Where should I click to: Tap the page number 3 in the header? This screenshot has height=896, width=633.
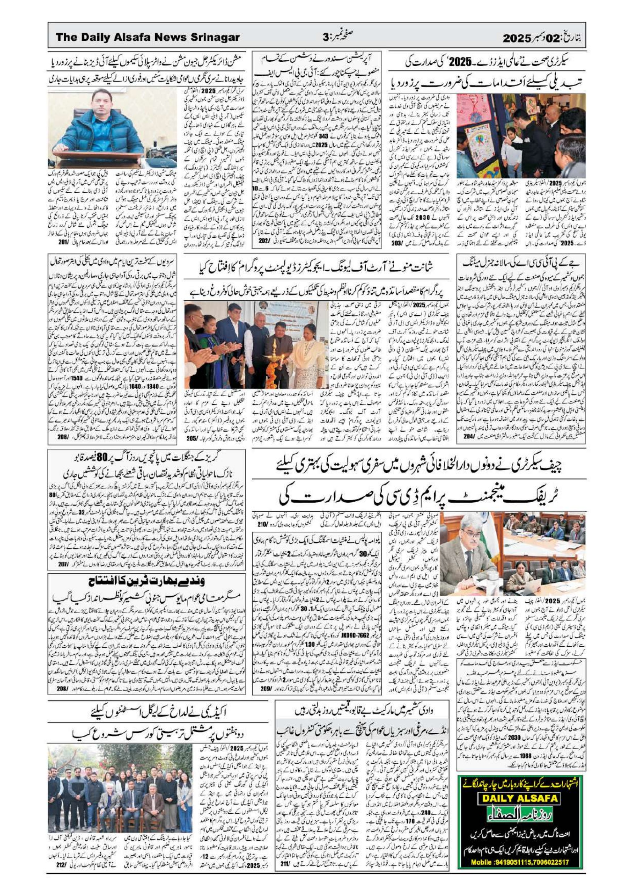pos(325,38)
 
